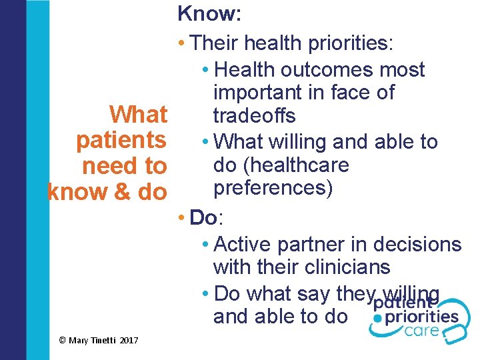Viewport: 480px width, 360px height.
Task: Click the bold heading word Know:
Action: [x=209, y=13]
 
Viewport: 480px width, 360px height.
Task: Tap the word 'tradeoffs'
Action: [x=254, y=115]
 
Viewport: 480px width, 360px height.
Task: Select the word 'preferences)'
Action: [x=273, y=189]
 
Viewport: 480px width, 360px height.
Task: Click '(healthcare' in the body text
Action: [x=307, y=165]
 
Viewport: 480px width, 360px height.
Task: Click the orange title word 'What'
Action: [x=139, y=115]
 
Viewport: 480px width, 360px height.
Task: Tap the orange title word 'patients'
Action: [x=121, y=140]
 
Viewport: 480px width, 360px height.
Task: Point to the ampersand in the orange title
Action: [x=122, y=191]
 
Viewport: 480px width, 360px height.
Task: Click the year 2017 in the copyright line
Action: [x=129, y=341]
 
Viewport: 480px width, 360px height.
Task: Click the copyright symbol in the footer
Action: [x=62, y=341]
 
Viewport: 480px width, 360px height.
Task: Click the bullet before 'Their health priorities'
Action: [x=183, y=44]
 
